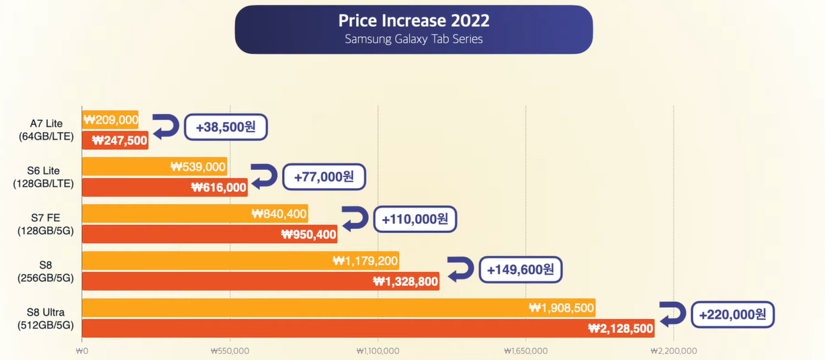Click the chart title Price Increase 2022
tap(413, 20)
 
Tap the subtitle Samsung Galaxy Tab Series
tap(413, 39)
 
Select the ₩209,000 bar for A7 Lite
tap(110, 120)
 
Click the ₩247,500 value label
tap(120, 140)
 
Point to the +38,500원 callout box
tap(226, 127)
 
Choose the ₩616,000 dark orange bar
tap(165, 187)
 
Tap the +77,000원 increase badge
tap(324, 177)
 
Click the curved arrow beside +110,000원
tap(355, 218)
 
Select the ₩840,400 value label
tap(279, 214)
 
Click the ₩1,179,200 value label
tap(365, 261)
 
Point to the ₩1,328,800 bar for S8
tap(261, 281)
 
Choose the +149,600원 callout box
tap(521, 270)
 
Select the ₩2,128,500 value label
tap(620, 328)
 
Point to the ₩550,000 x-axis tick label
tap(230, 351)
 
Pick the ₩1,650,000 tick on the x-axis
tap(525, 351)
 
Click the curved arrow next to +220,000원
tap(672, 314)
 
